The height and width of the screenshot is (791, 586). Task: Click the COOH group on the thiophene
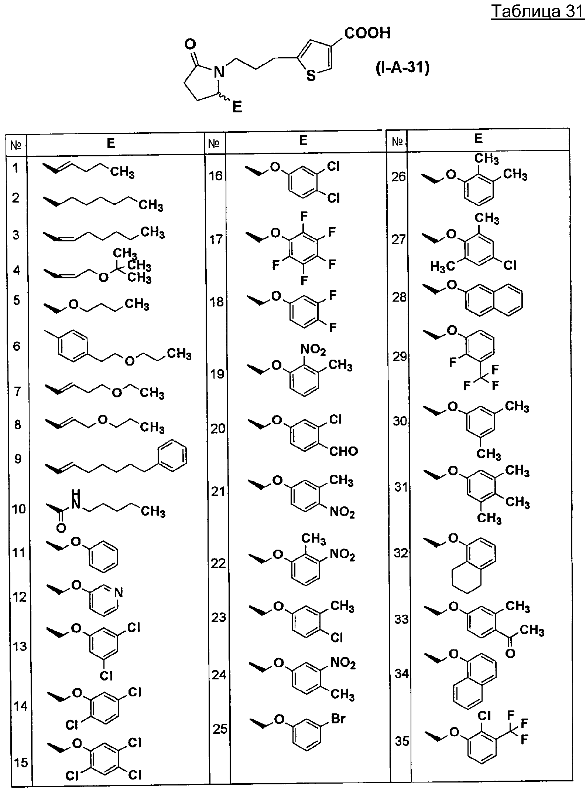[367, 34]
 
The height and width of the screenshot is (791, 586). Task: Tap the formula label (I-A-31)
[403, 69]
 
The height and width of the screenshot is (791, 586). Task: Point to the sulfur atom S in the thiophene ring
[311, 76]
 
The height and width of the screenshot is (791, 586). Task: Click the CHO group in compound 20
[343, 451]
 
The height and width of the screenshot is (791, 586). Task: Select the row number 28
[399, 297]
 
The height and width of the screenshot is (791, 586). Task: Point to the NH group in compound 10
[76, 499]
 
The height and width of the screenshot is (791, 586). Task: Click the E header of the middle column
[303, 140]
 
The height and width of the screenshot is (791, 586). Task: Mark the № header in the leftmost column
[16, 145]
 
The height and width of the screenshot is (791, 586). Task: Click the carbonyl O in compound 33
[510, 653]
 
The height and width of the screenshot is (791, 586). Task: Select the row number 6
[16, 346]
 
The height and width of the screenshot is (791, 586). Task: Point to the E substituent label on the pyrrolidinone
[237, 107]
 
